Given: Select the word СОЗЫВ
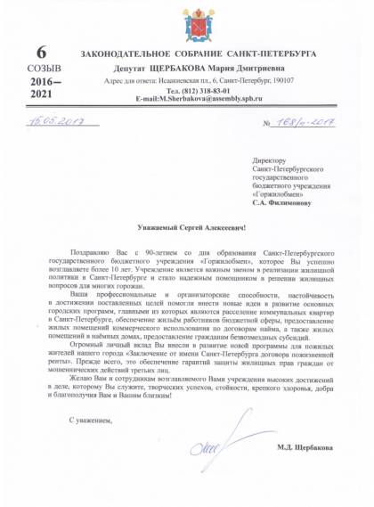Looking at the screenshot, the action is [41, 68].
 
